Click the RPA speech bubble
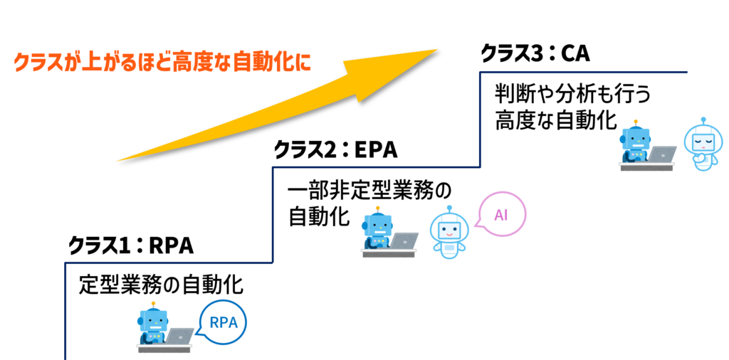pos(223,322)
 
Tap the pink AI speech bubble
pos(501,214)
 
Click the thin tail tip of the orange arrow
pos(118,161)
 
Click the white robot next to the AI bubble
pos(449,233)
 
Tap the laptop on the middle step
pos(404,240)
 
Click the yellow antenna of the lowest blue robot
pos(153,304)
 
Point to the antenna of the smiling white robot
pos(449,208)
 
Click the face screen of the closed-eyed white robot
pos(703,139)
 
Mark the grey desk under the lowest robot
pos(164,349)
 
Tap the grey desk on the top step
pos(646,167)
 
